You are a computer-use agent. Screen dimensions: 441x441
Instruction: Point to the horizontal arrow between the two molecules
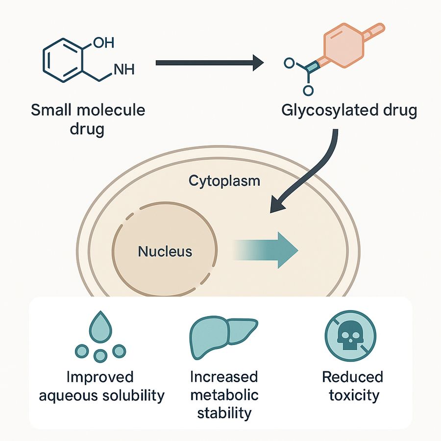click(210, 63)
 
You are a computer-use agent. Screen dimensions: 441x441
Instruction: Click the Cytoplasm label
click(224, 181)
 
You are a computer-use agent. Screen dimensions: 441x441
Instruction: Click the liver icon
click(223, 332)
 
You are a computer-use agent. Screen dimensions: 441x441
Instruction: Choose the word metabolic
click(224, 395)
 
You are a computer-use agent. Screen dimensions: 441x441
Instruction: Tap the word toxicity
click(352, 395)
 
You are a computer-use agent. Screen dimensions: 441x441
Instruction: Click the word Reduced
click(352, 377)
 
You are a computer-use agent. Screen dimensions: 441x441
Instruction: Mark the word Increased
click(224, 377)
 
